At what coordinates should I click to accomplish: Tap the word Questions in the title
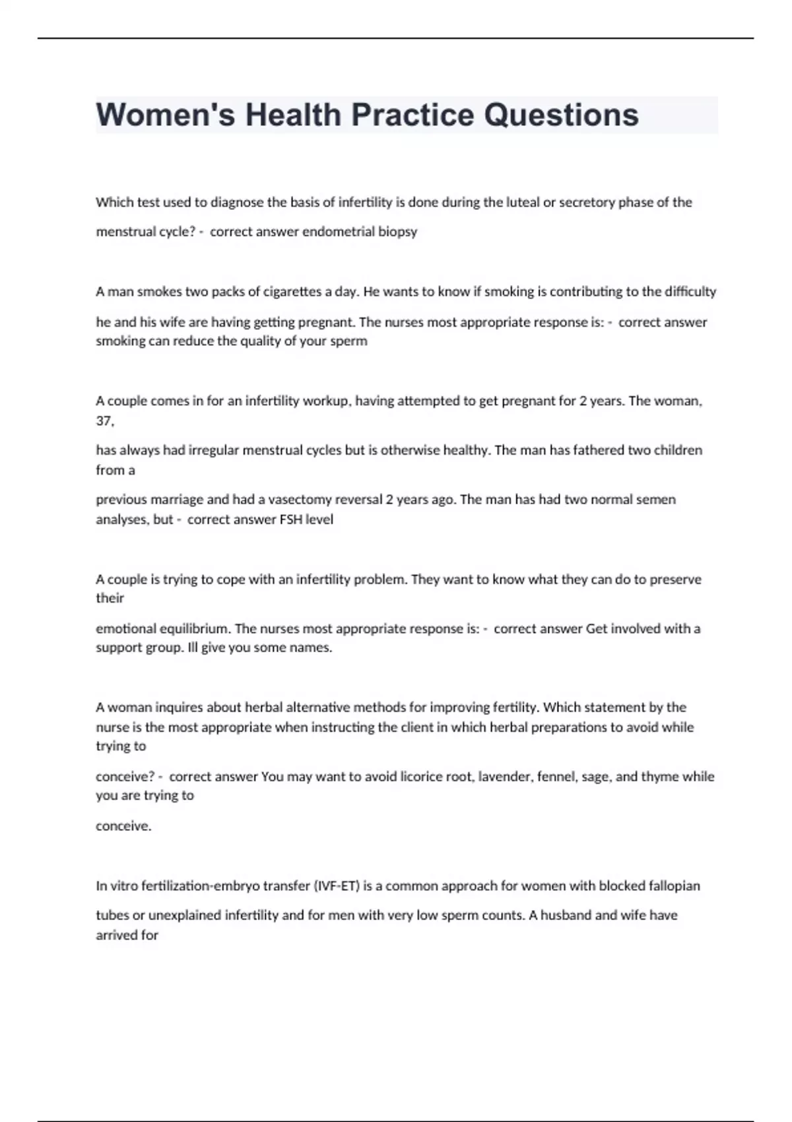pos(561,115)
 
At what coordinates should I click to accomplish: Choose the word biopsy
pos(397,232)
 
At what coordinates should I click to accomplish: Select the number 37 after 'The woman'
pos(104,420)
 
